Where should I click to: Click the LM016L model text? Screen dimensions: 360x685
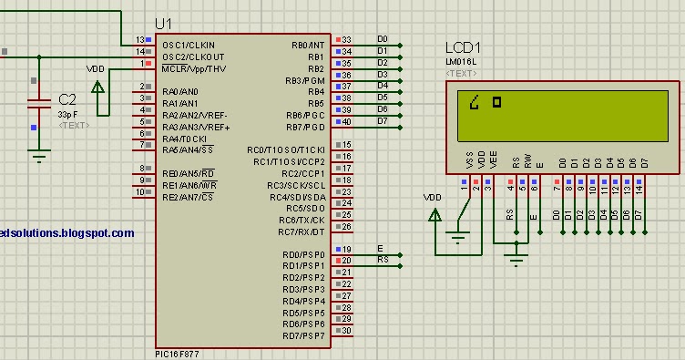pos(461,61)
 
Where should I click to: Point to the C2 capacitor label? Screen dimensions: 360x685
pos(67,98)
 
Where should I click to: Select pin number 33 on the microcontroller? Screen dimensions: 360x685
pos(346,40)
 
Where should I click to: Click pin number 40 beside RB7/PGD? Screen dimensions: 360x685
pos(346,121)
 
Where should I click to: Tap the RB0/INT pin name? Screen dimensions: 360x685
pos(307,45)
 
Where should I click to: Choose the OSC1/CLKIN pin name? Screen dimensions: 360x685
pos(189,45)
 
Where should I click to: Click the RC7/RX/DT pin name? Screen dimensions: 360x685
pos(302,232)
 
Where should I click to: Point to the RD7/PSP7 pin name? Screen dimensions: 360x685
pos(303,336)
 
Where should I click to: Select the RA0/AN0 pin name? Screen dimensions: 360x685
pos(180,92)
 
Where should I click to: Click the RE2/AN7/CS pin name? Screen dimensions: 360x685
pos(187,197)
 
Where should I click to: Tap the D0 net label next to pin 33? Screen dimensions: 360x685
pos(383,39)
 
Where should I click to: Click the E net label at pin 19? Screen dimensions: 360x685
pos(380,248)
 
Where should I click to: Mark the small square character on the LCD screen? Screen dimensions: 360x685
pos(496,101)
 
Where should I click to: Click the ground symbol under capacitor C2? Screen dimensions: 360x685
pos(38,157)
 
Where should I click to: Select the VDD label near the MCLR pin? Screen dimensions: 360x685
pos(95,68)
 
